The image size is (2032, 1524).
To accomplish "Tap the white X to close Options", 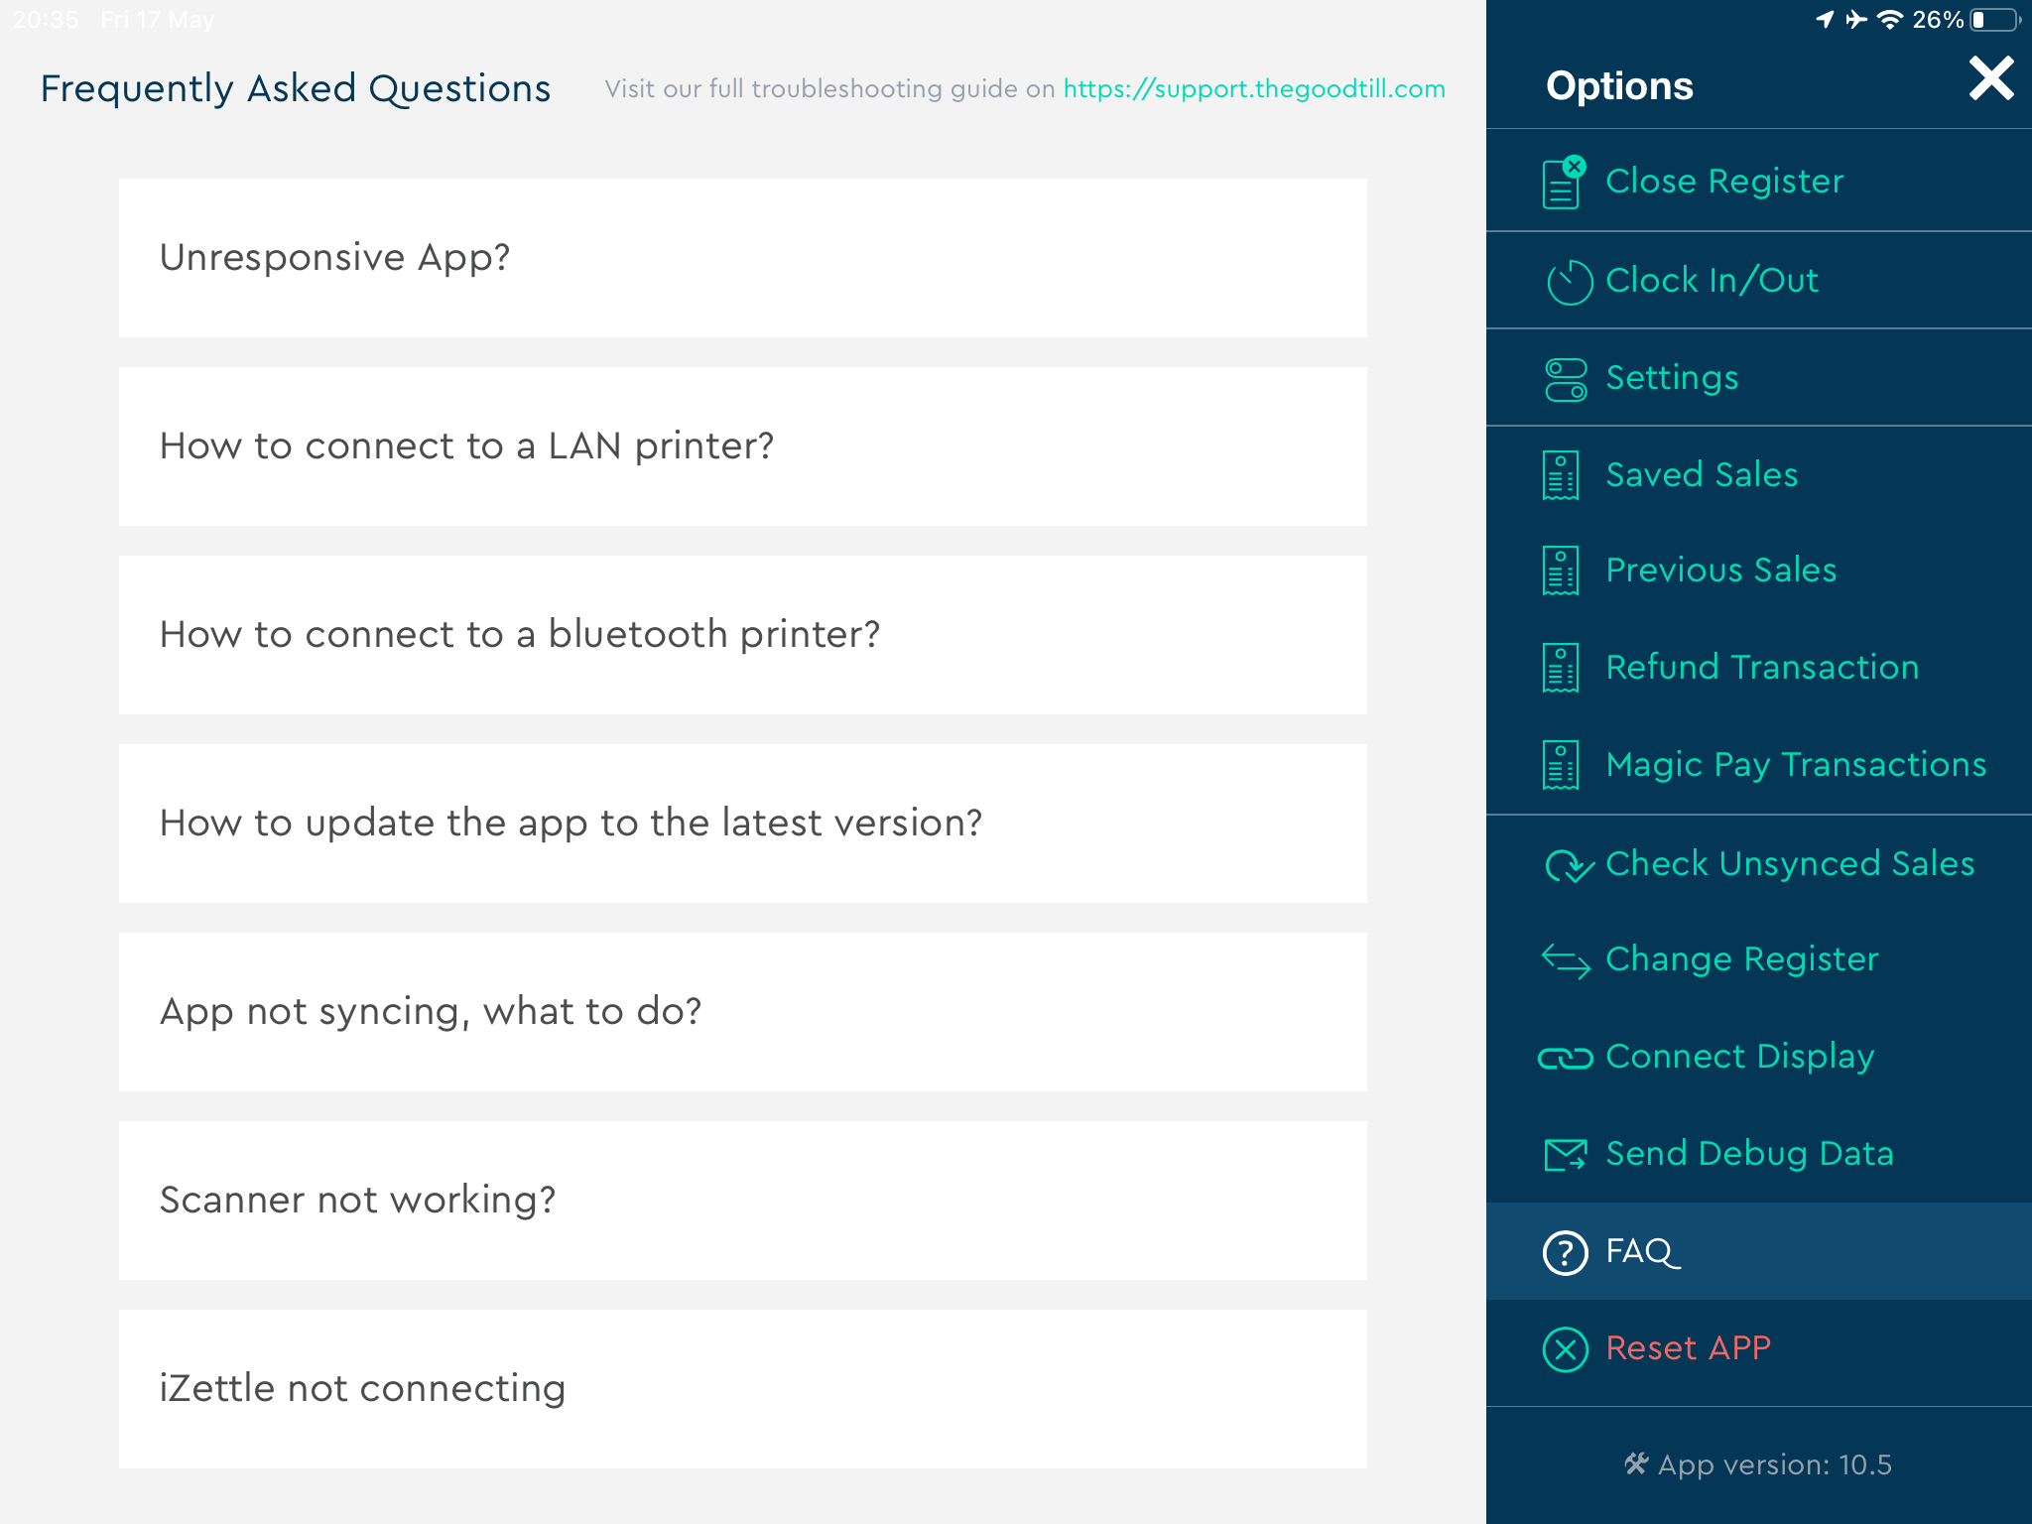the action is pyautogui.click(x=1991, y=78).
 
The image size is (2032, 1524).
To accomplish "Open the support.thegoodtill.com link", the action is pyautogui.click(x=1254, y=89).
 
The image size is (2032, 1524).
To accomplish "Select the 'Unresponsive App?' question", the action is pyautogui.click(x=742, y=258).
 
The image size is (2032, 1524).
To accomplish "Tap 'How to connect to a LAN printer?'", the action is pyautogui.click(x=742, y=446).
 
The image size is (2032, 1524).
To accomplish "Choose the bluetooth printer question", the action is pyautogui.click(x=742, y=635).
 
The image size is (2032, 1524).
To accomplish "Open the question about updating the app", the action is pyautogui.click(x=742, y=824).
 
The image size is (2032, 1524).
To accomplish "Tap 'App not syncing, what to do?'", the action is pyautogui.click(x=742, y=1012).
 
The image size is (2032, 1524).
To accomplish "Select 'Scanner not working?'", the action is pyautogui.click(x=742, y=1201).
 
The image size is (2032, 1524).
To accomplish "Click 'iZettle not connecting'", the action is pyautogui.click(x=742, y=1389).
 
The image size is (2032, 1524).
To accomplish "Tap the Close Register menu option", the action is pyautogui.click(x=1724, y=182).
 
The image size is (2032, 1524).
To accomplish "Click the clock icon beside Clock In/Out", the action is pyautogui.click(x=1570, y=282).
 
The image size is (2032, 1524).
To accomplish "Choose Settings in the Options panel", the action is pyautogui.click(x=1672, y=378).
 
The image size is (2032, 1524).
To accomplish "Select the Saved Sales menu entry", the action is pyautogui.click(x=1702, y=475).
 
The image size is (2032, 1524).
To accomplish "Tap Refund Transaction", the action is pyautogui.click(x=1762, y=668).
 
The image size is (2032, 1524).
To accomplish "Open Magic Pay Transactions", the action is pyautogui.click(x=1796, y=765).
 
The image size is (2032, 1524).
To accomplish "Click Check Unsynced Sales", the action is pyautogui.click(x=1790, y=864).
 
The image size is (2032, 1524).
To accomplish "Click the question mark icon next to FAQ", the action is pyautogui.click(x=1566, y=1252).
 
